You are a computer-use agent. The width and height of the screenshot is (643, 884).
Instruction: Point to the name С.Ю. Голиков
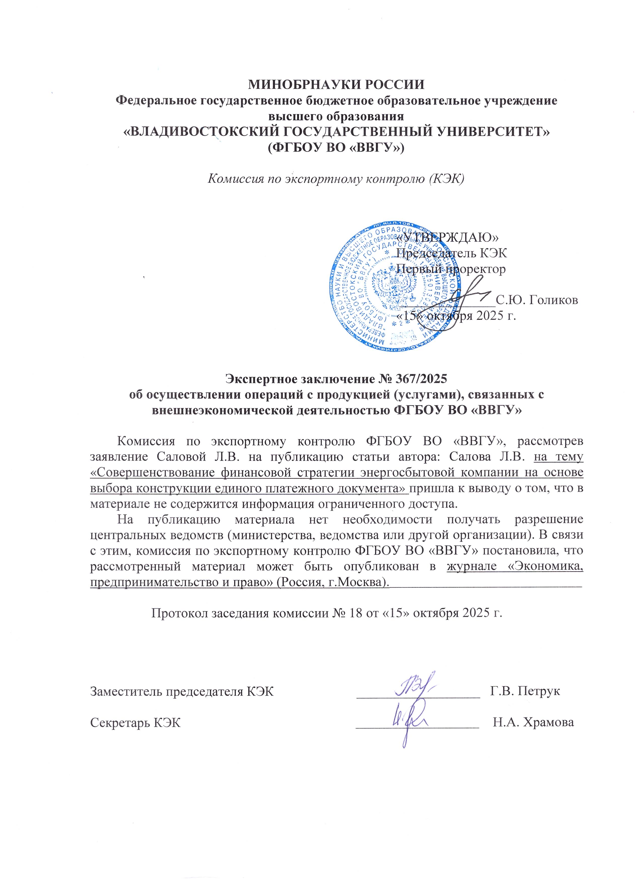[x=537, y=300]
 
